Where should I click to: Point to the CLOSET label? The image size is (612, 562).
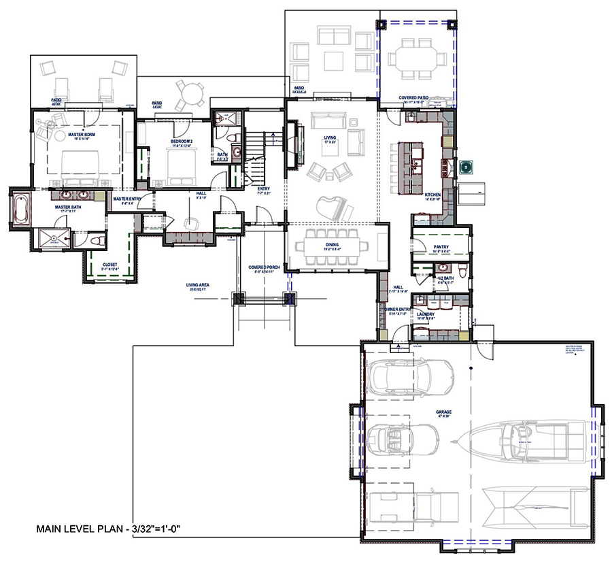click(110, 266)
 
